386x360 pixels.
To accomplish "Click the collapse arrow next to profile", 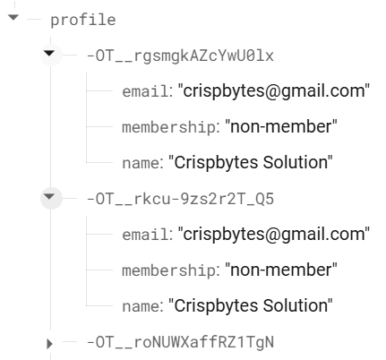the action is tap(13, 17).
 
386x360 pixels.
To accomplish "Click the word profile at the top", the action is tap(83, 21).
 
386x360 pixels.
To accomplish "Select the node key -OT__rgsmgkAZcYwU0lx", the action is tap(180, 56).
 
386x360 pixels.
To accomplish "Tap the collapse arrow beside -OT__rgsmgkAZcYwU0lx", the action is tap(49, 54).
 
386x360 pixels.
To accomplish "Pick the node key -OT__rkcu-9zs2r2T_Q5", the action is tap(180, 199).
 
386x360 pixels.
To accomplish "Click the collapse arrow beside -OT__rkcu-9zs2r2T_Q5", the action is tap(49, 196).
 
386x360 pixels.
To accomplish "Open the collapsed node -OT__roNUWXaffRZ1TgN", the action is tap(180, 342).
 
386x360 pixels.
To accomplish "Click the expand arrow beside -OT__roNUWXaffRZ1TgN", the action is tap(49, 344).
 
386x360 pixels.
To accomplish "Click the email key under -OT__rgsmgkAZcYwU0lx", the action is tap(145, 91).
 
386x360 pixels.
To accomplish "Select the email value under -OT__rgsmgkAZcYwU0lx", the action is tap(274, 90).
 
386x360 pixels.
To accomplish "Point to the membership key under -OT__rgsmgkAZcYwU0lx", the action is tap(168, 127).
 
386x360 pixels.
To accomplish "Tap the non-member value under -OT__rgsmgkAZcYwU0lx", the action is tap(281, 126).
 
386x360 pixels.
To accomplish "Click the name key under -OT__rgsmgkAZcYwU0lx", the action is tap(141, 163).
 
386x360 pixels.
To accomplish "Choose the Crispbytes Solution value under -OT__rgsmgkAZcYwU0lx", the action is tap(251, 162).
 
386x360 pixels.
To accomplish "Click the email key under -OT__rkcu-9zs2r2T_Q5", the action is tap(145, 235).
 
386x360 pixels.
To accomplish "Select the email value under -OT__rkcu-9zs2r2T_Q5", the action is tap(274, 234).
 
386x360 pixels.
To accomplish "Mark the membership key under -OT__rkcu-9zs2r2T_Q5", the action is tap(168, 270).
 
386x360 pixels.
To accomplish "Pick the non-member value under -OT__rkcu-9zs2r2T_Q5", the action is tap(281, 270).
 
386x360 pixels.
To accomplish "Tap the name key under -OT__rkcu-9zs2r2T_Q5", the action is tap(141, 306).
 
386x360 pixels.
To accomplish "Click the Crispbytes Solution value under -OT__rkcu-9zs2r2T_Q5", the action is tap(251, 305).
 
